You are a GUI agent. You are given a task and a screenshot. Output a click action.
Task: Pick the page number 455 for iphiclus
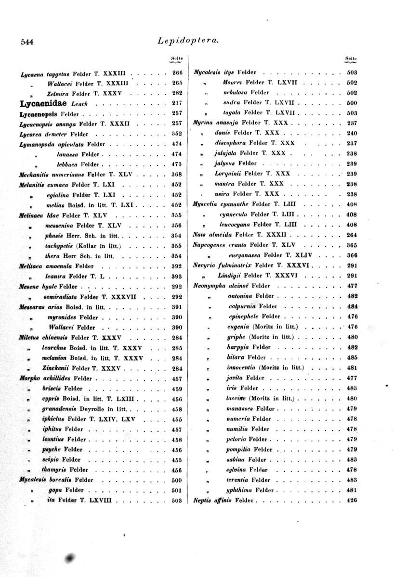[x=177, y=419]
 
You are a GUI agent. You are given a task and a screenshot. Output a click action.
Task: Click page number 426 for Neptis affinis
[x=351, y=500]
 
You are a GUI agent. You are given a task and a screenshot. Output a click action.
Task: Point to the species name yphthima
[x=241, y=490]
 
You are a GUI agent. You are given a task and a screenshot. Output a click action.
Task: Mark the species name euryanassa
[x=245, y=255]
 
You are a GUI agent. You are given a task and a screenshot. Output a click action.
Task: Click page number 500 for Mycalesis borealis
[x=177, y=479]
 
